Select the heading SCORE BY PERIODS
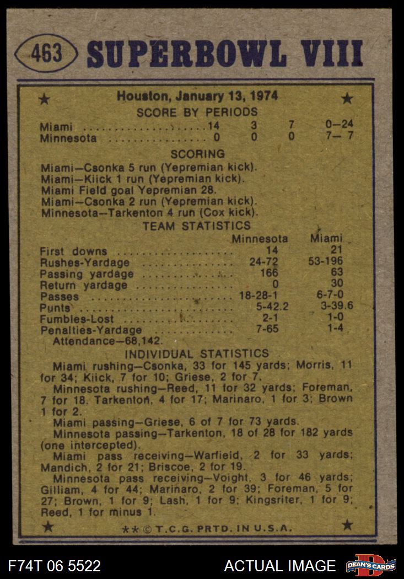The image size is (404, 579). [x=197, y=112]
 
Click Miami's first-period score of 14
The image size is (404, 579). [x=213, y=126]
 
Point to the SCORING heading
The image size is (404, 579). [x=197, y=154]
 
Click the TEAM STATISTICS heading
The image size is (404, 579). [x=197, y=226]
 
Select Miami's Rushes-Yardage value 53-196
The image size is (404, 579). [x=326, y=261]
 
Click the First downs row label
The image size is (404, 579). [x=73, y=251]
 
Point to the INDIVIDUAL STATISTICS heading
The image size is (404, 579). [x=197, y=354]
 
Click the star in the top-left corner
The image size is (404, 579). [x=45, y=99]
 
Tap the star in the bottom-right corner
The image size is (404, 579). [x=347, y=525]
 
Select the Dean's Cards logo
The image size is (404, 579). [x=370, y=566]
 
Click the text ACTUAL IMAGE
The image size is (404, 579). [x=279, y=566]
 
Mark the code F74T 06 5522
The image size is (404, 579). [x=55, y=566]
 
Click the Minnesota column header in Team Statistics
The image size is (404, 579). [x=260, y=239]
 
